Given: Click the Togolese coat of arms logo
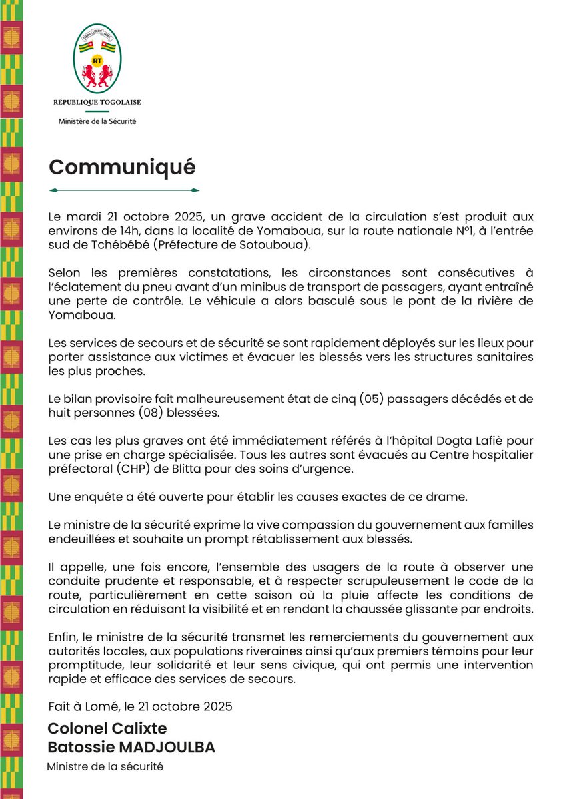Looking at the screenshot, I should click(97, 60).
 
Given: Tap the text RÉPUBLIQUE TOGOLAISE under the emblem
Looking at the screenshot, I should click(97, 102).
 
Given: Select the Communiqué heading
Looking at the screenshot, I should click(122, 166).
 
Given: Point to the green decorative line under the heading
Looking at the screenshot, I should click(125, 190).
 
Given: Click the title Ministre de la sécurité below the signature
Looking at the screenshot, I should click(105, 766).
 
